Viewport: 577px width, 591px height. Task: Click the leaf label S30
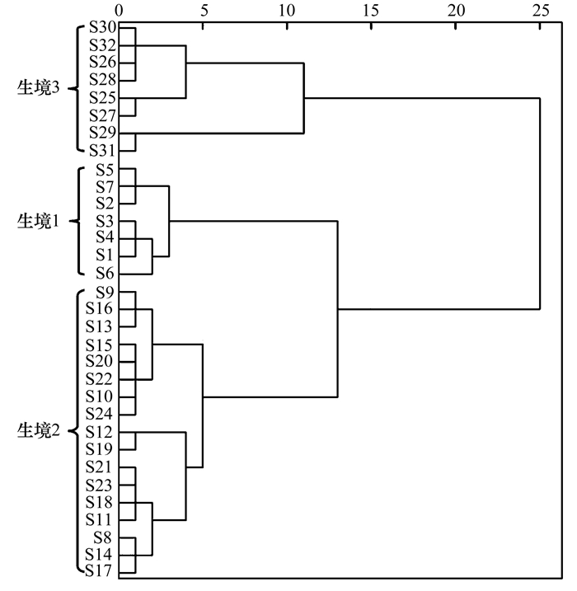pyautogui.click(x=102, y=27)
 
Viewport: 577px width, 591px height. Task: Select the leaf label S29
pyautogui.click(x=102, y=133)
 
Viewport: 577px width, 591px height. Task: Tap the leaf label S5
pyautogui.click(x=105, y=171)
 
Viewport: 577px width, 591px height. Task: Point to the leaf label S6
pyautogui.click(x=105, y=274)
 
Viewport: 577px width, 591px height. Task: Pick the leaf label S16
pyautogui.click(x=99, y=309)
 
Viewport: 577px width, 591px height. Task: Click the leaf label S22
pyautogui.click(x=99, y=379)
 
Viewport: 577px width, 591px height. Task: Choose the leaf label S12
pyautogui.click(x=99, y=432)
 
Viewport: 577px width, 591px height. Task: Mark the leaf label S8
pyautogui.click(x=103, y=537)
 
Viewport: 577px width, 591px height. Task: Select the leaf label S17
pyautogui.click(x=99, y=571)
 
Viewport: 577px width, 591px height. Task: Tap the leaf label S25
pyautogui.click(x=102, y=98)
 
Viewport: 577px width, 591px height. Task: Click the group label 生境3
pyautogui.click(x=39, y=88)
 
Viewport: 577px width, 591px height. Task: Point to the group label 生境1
pyautogui.click(x=39, y=221)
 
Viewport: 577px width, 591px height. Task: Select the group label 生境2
pyautogui.click(x=39, y=430)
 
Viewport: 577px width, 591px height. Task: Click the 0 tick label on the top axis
pyautogui.click(x=119, y=11)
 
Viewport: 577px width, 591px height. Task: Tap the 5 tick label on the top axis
pyautogui.click(x=204, y=11)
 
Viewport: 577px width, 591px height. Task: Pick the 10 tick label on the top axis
pyautogui.click(x=287, y=11)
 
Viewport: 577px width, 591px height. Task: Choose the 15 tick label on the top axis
pyautogui.click(x=371, y=11)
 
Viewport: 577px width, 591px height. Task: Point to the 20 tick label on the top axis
pyautogui.click(x=456, y=11)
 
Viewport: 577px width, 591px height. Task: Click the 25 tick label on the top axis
pyautogui.click(x=541, y=11)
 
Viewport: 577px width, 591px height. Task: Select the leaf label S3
pyautogui.click(x=105, y=221)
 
